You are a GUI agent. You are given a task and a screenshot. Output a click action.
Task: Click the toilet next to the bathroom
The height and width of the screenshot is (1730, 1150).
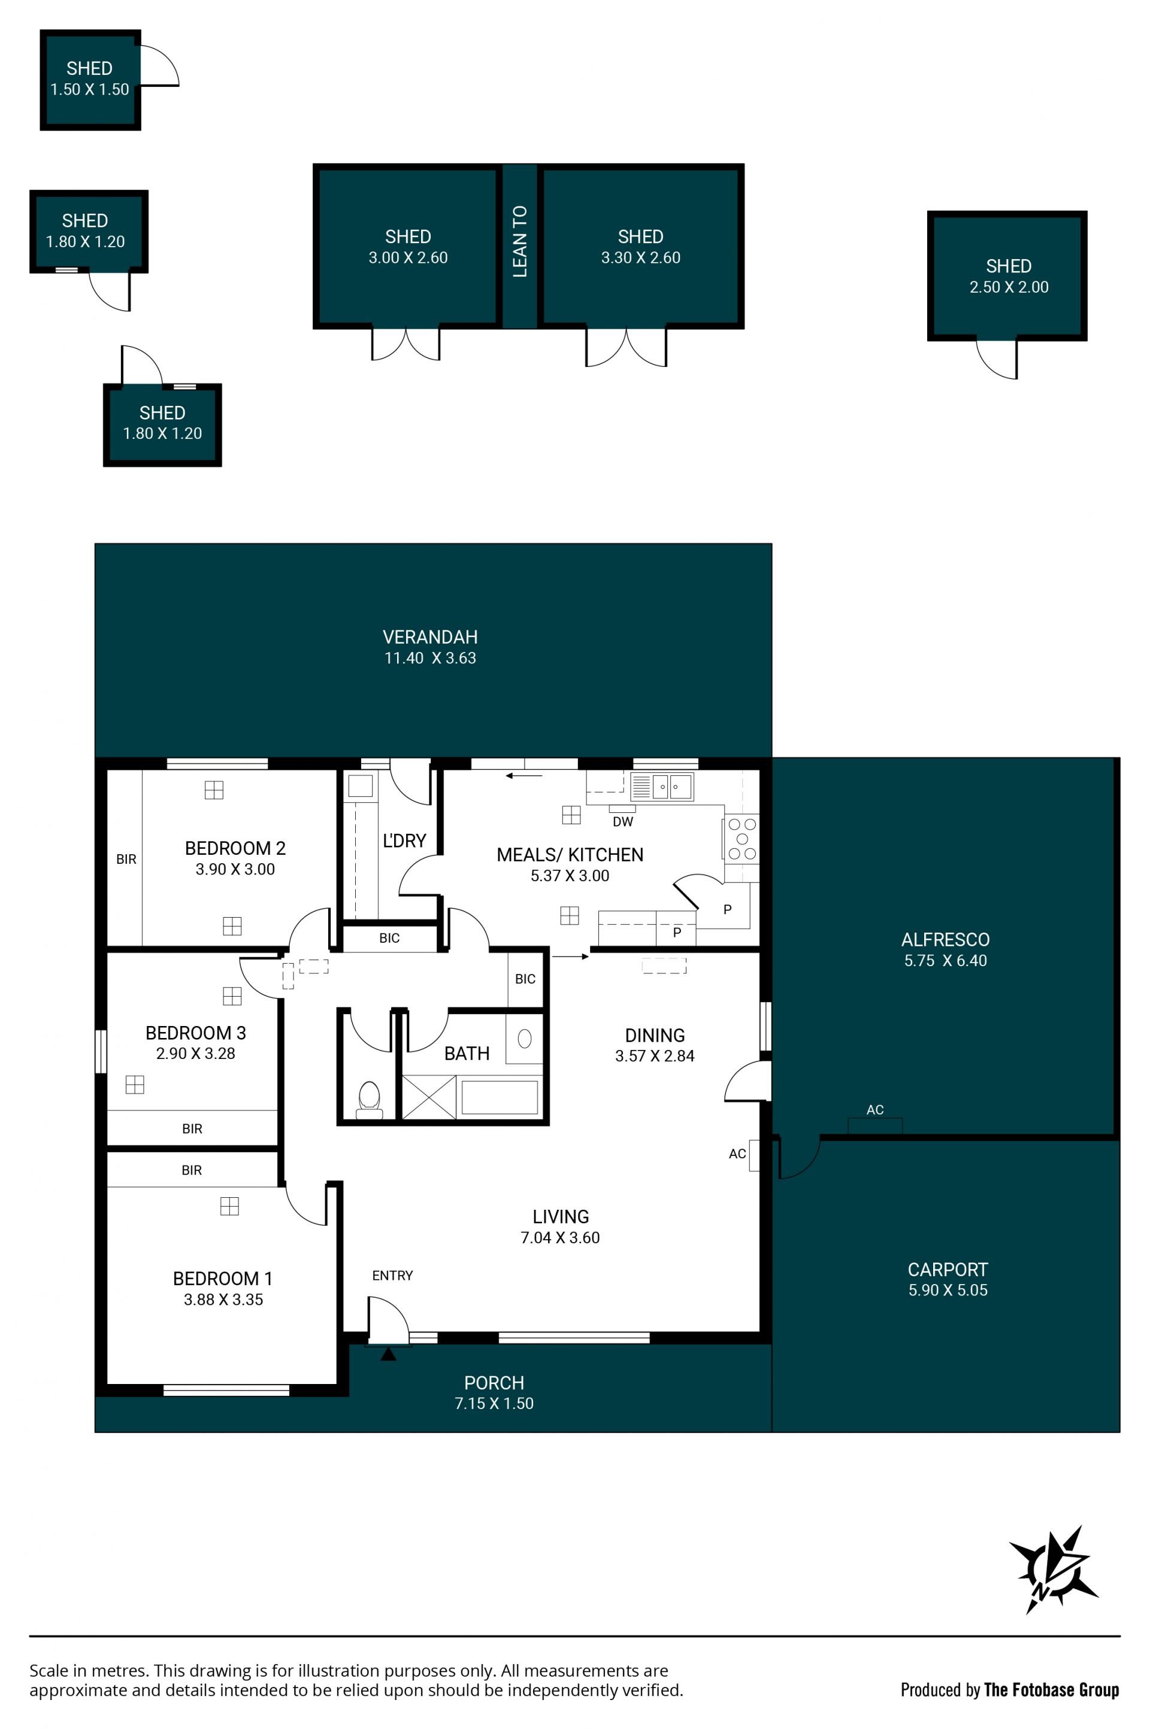coord(369,1100)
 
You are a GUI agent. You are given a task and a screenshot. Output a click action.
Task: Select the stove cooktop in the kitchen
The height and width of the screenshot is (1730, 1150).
coord(742,839)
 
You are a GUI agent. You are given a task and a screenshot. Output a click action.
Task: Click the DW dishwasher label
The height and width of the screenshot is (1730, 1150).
coord(623,822)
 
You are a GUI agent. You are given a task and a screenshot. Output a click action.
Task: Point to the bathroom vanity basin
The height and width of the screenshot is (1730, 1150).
coord(525,1038)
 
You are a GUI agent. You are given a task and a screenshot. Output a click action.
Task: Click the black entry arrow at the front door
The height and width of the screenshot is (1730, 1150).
coord(388,1354)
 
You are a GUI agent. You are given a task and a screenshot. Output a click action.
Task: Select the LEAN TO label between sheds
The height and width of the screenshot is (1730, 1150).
coord(520,241)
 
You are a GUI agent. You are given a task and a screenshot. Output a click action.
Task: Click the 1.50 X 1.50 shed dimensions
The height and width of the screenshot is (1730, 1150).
coord(89,89)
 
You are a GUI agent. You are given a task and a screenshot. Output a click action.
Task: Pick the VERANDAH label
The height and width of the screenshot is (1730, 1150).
coord(430,637)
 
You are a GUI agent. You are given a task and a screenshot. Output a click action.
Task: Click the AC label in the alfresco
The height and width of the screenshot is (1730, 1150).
coord(875,1110)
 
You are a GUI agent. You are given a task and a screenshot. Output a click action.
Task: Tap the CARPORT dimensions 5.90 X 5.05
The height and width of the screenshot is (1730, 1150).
coord(948,1290)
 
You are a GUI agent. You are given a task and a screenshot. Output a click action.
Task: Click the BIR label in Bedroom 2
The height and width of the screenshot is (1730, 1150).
coord(126,859)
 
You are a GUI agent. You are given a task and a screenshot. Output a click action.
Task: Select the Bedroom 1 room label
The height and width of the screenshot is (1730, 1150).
coord(222,1279)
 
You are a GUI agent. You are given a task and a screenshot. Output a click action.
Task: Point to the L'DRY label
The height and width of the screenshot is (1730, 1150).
coord(404,841)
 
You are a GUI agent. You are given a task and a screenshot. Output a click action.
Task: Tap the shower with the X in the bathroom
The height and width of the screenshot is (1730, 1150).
coord(429,1097)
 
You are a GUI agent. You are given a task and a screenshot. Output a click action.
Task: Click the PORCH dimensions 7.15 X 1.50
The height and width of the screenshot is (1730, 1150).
coord(494,1403)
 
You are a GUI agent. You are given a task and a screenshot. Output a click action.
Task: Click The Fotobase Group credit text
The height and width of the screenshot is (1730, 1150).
coord(1051,1690)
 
